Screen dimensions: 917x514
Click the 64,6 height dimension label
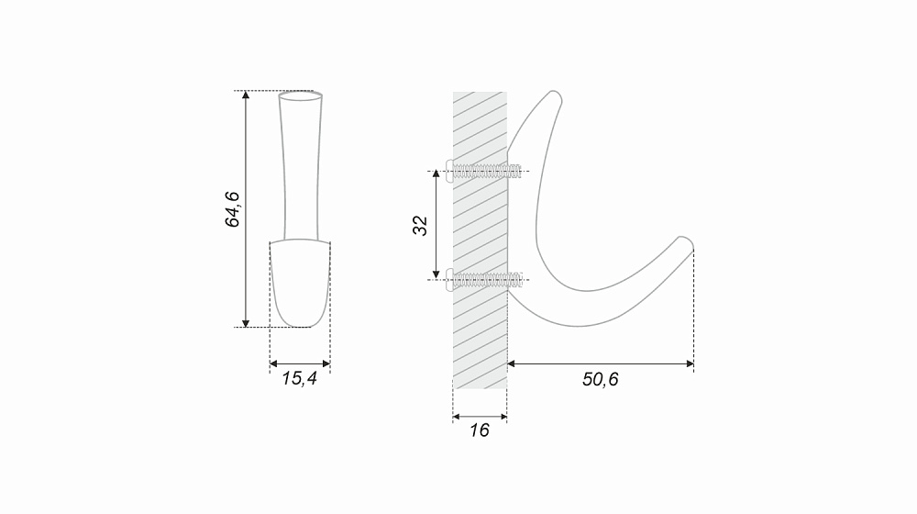[233, 209]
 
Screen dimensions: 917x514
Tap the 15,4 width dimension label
[300, 379]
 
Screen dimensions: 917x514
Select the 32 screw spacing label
[421, 226]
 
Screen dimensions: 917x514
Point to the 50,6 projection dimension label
[600, 379]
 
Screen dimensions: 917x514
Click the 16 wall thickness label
[479, 430]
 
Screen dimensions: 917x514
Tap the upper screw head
[449, 171]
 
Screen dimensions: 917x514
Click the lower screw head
[449, 279]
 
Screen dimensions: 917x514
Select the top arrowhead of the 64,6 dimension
[246, 95]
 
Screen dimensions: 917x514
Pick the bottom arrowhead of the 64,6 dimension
[246, 322]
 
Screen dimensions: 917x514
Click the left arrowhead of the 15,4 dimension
[273, 363]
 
